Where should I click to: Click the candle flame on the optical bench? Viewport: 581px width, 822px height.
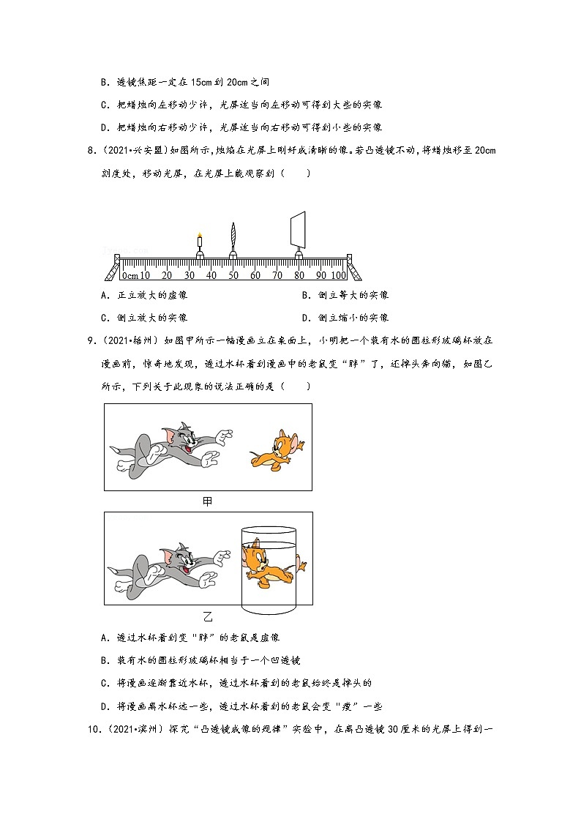199,234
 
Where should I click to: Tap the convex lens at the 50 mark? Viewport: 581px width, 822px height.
233,236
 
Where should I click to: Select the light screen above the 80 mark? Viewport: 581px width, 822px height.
298,229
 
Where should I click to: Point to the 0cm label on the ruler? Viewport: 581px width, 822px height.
130,275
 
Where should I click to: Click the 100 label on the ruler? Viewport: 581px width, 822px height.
338,275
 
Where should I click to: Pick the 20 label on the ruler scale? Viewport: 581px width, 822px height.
167,275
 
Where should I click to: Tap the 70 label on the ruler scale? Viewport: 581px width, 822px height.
277,275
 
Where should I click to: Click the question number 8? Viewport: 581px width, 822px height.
91,152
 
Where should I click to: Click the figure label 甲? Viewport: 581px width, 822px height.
208,501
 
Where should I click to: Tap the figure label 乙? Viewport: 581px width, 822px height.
208,616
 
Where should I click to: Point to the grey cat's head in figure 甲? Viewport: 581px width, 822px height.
179,439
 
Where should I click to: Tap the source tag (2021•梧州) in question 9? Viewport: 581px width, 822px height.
135,340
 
